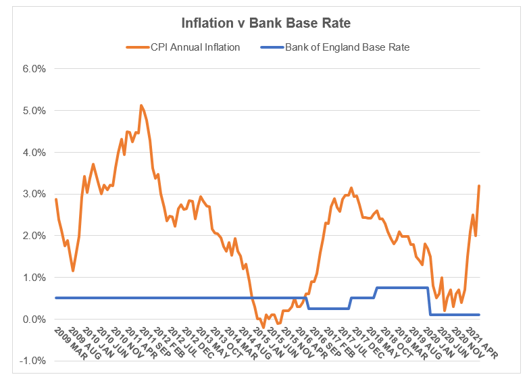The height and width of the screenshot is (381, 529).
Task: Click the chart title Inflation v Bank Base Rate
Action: point(266,23)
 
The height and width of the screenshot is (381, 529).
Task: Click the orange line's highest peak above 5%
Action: point(141,105)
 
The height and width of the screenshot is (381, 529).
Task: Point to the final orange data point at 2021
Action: point(479,186)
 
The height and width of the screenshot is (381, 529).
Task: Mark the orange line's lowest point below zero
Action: point(263,328)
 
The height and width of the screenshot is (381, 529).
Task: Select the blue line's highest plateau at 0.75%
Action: point(402,288)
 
